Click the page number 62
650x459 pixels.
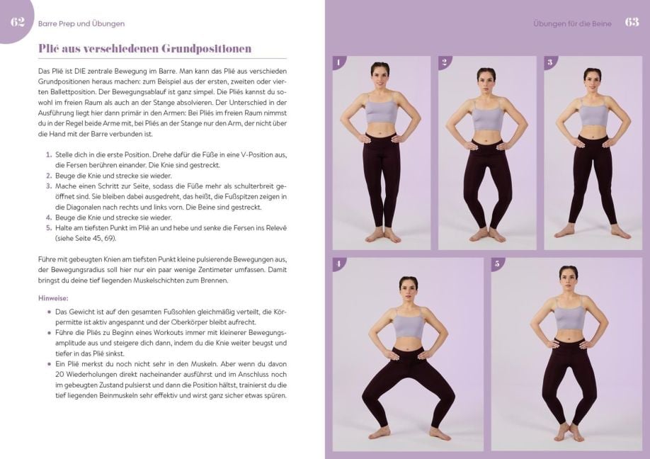tap(18, 23)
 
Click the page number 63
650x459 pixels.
tap(632, 23)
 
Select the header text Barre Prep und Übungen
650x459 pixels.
tap(81, 23)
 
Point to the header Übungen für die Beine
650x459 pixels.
tap(572, 23)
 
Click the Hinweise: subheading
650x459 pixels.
tap(53, 298)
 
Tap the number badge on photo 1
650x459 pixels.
tap(338, 62)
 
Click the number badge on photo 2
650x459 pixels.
tap(445, 62)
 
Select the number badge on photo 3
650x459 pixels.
tap(550, 62)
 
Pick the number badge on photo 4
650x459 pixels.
tap(338, 264)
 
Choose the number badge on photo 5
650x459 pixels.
tap(498, 264)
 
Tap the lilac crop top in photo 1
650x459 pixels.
tap(382, 110)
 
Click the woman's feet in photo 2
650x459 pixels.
tap(487, 234)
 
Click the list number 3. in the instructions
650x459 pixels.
tap(49, 186)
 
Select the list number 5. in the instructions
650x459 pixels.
tap(49, 228)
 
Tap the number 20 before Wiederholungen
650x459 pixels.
tap(59, 375)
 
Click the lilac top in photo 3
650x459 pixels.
tap(593, 114)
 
